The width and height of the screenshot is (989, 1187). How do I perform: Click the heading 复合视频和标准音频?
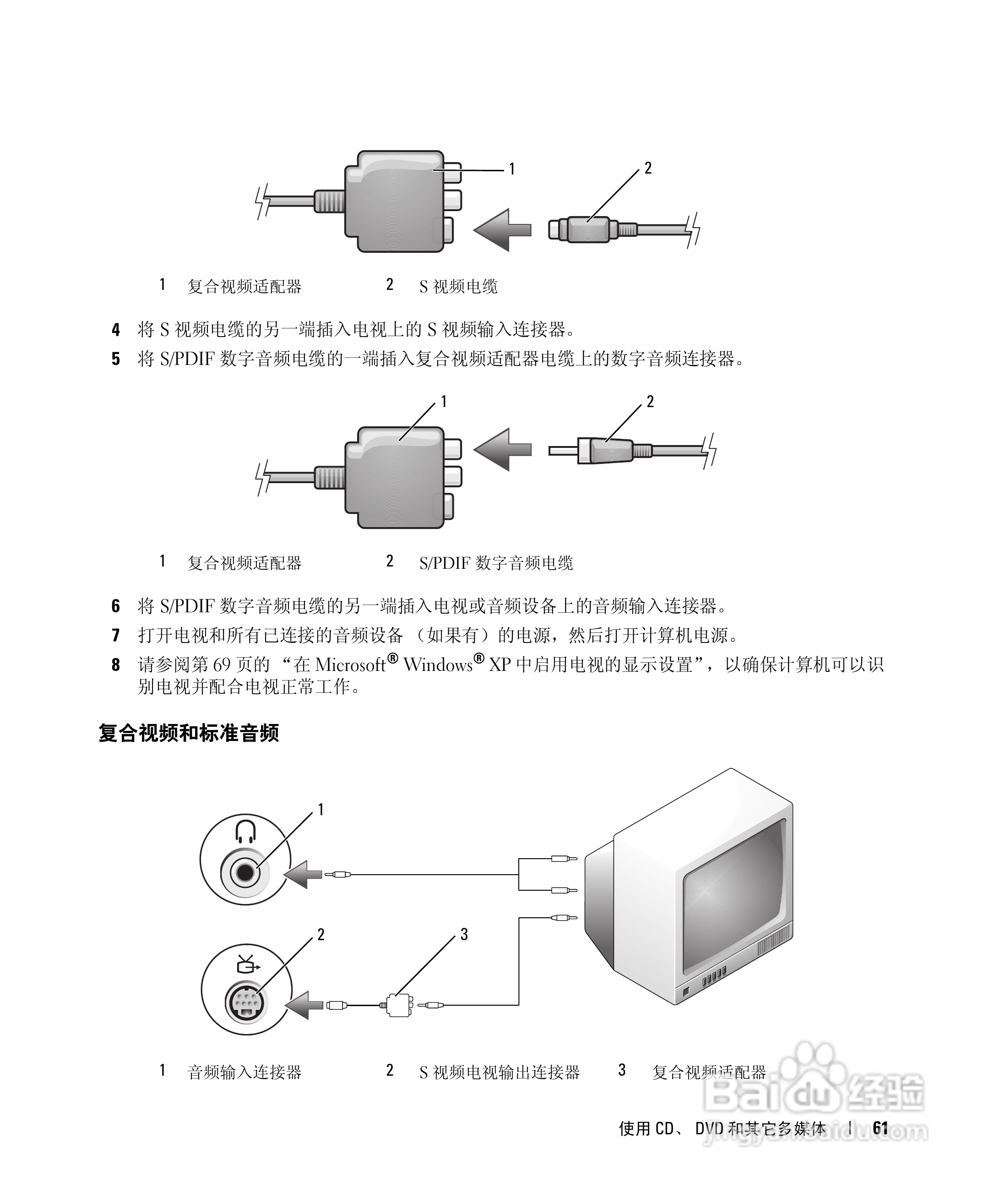[x=189, y=733]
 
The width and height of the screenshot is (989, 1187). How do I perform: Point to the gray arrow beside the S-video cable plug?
[x=502, y=230]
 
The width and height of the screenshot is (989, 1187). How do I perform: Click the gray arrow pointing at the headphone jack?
[x=304, y=874]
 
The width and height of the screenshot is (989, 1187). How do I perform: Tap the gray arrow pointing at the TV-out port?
[x=305, y=1005]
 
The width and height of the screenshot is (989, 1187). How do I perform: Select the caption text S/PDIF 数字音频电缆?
[x=495, y=563]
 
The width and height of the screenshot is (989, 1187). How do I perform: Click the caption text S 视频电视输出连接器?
[x=499, y=1072]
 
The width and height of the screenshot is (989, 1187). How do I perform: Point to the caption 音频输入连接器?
[x=244, y=1072]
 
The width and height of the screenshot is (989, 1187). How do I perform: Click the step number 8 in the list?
[x=116, y=665]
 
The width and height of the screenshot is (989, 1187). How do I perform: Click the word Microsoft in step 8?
[x=350, y=665]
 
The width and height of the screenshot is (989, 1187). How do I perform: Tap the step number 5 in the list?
[x=116, y=359]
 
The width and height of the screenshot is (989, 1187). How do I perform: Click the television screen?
[x=735, y=899]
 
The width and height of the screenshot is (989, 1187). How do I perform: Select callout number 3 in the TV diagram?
[x=464, y=934]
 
